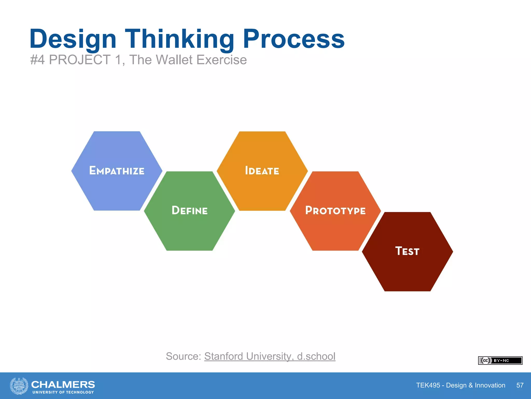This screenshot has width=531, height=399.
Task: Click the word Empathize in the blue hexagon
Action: (x=117, y=171)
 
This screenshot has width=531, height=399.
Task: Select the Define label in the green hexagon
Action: (x=190, y=210)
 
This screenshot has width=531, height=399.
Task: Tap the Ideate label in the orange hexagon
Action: (x=262, y=171)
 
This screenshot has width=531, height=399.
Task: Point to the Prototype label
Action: (x=335, y=210)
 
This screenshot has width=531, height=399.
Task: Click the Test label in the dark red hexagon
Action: (x=407, y=251)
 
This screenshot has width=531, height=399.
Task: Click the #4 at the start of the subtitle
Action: (x=37, y=60)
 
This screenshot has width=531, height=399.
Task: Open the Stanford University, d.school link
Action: (x=270, y=356)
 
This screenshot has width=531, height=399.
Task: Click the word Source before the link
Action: (x=183, y=356)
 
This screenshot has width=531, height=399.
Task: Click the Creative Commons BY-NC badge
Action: (x=500, y=361)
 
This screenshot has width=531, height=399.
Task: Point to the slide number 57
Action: (x=520, y=385)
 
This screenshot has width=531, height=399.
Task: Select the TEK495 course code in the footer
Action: (x=428, y=385)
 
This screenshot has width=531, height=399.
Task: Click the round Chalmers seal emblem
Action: (x=19, y=386)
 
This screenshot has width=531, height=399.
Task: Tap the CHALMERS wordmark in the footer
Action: (x=63, y=384)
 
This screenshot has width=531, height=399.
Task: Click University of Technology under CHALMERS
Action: (x=63, y=392)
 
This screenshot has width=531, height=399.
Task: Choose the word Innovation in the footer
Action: (x=490, y=385)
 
